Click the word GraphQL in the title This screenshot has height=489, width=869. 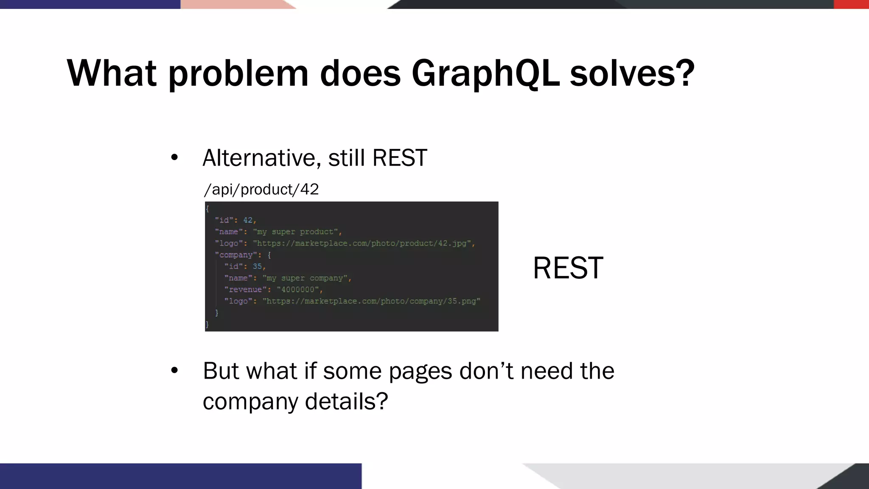coord(485,73)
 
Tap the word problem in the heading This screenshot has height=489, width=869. coord(238,73)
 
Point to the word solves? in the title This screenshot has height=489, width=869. coord(632,73)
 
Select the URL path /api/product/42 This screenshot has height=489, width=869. coord(261,189)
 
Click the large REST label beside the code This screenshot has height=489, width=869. coord(568,268)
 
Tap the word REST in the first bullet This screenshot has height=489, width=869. coord(399,158)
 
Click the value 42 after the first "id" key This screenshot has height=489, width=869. coord(248,220)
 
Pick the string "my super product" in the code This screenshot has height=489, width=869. coord(297,232)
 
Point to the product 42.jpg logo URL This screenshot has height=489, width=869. coord(364,243)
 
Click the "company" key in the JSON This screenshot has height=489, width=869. coord(236,255)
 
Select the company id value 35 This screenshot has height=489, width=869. coord(258,266)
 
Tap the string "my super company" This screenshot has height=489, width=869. coord(307,278)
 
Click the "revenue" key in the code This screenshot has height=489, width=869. coord(245,289)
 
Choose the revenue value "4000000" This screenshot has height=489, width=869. coord(298,289)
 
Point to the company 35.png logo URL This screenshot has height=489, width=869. coord(371,301)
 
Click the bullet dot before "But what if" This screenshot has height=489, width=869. coord(174,371)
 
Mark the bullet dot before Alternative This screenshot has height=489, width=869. coord(174,158)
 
